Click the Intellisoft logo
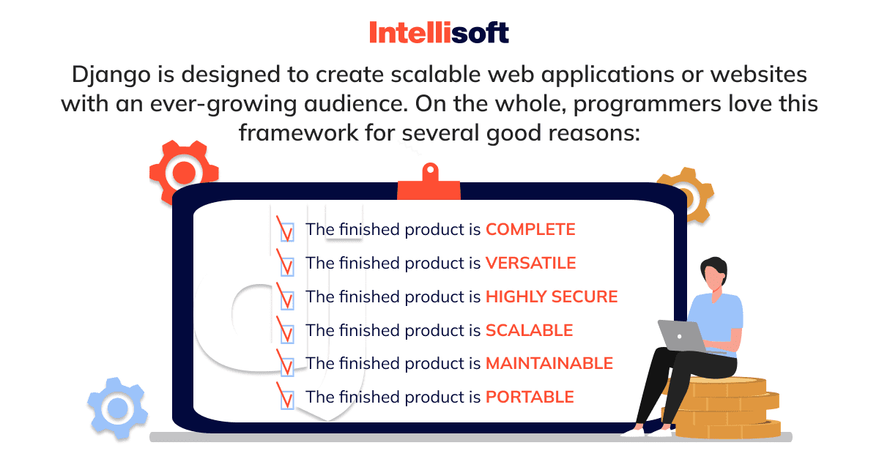[x=439, y=32]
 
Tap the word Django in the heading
[x=111, y=75]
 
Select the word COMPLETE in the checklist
[x=530, y=230]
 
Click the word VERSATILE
[x=530, y=263]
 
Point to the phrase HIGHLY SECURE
[x=552, y=296]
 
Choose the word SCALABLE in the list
[x=530, y=330]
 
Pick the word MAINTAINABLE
[x=549, y=363]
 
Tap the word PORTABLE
[x=530, y=397]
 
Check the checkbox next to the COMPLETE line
[x=287, y=232]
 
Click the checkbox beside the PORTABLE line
[x=287, y=400]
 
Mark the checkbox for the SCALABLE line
[x=287, y=334]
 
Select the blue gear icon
[x=117, y=408]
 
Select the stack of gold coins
[x=722, y=408]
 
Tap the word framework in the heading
[x=298, y=133]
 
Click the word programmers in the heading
[x=647, y=105]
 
